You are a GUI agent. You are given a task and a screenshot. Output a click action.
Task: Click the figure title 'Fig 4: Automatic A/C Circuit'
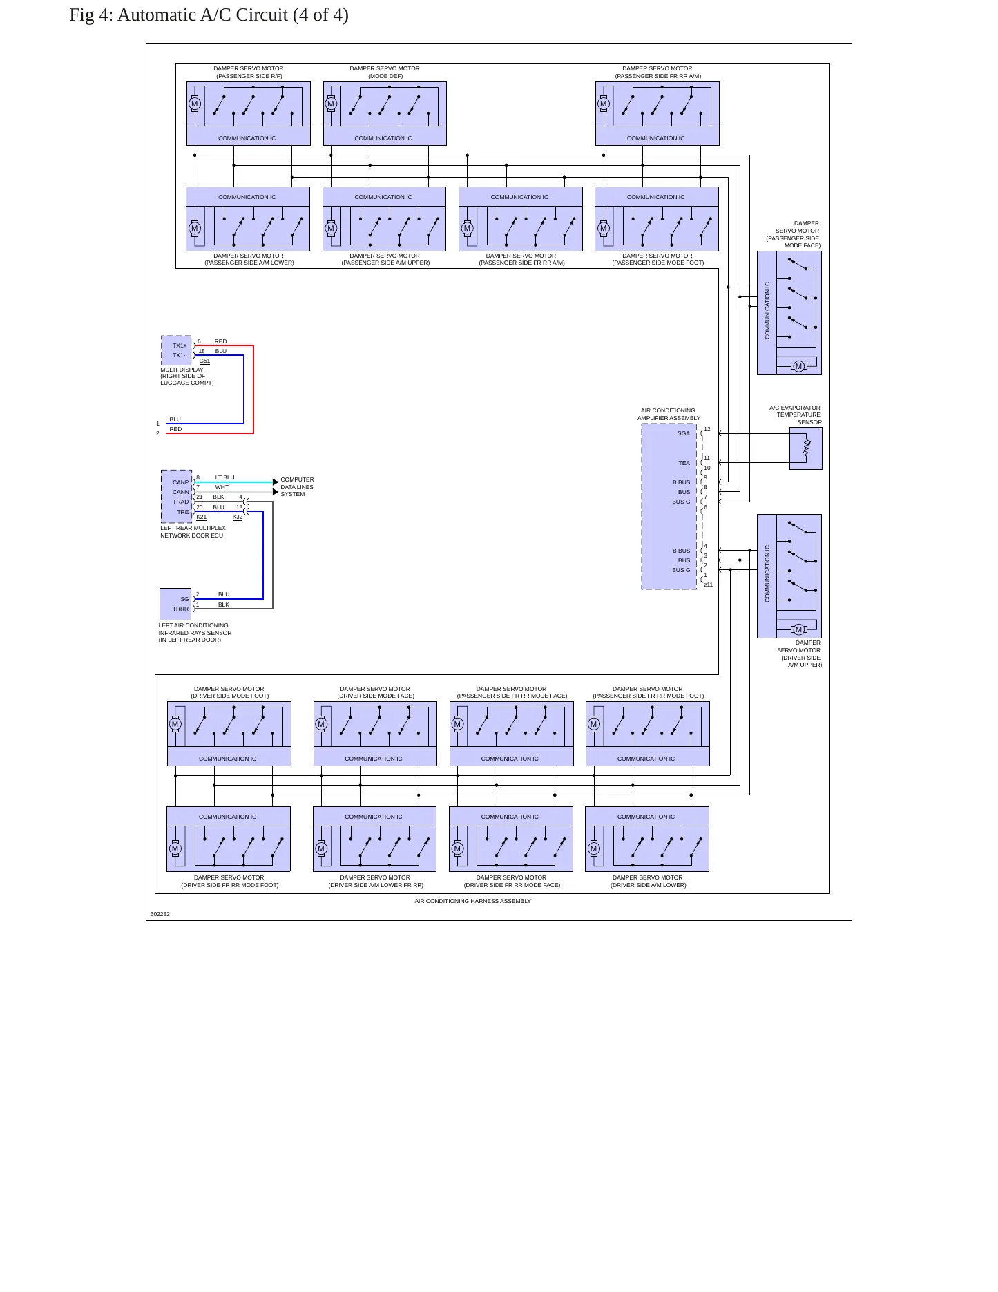click(178, 15)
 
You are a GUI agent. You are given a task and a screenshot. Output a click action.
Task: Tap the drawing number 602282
click(160, 914)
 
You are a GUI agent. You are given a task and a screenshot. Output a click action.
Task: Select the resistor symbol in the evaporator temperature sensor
click(807, 448)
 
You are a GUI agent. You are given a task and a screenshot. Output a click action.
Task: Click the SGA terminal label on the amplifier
click(683, 433)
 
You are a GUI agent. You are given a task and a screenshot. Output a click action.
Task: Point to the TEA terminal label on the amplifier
click(684, 463)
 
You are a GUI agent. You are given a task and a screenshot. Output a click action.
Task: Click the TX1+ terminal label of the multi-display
click(180, 345)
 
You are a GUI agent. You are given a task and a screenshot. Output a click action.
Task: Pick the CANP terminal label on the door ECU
click(180, 482)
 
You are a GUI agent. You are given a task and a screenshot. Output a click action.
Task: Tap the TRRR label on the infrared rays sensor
click(180, 609)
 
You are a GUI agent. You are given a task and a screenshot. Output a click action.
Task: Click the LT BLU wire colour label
click(224, 477)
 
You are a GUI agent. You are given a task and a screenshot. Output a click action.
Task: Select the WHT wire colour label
click(222, 487)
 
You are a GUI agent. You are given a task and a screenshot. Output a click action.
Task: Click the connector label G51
click(204, 361)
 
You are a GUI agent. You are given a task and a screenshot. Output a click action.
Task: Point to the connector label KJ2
click(238, 517)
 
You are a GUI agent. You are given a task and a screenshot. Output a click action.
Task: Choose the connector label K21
click(201, 517)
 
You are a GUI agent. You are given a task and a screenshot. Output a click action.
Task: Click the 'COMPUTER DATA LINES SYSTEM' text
click(297, 487)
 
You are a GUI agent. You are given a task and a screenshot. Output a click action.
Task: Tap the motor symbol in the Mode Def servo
click(331, 104)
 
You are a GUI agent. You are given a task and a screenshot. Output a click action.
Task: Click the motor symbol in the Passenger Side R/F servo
click(195, 104)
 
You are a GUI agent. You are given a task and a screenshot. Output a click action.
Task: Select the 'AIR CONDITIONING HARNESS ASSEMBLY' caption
click(472, 901)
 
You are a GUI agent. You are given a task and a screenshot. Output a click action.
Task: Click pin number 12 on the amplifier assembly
click(707, 429)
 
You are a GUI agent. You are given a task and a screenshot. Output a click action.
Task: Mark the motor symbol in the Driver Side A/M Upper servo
click(798, 629)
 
